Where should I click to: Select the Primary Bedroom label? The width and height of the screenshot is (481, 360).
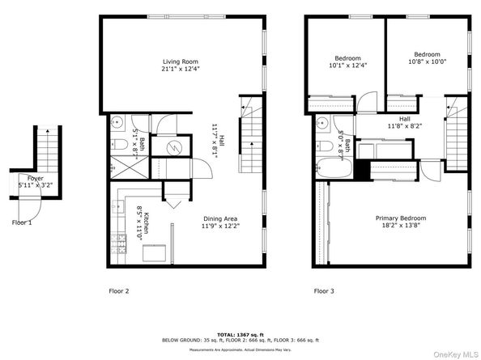point(400,218)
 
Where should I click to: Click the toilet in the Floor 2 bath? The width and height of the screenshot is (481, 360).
point(117,146)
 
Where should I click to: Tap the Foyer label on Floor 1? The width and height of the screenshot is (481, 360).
point(35,177)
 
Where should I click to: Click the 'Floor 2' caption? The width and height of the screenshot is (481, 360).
point(119,290)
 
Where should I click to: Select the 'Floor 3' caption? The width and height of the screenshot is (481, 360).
point(325,290)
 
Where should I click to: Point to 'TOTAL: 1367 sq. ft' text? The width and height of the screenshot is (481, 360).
point(240,332)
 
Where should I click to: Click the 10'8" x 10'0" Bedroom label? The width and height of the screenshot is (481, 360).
point(427,54)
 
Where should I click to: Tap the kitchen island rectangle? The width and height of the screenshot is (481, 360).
point(157,252)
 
